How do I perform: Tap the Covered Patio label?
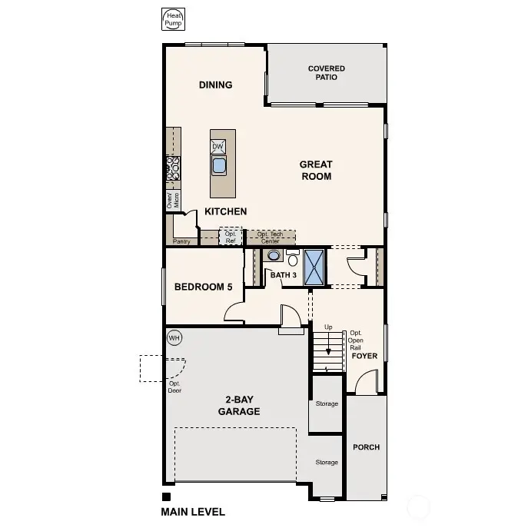point(327,73)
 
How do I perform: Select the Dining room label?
point(215,85)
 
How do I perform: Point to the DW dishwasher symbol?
point(218,146)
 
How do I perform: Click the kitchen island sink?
point(219,164)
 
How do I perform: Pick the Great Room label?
point(316,170)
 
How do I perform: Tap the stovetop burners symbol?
point(173,168)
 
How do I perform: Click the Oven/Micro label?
point(173,201)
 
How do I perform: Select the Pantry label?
point(181,241)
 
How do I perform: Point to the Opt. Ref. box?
point(231,237)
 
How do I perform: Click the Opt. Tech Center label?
point(271,237)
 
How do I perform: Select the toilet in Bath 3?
point(292,258)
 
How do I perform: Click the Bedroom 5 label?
point(203,287)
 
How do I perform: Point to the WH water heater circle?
point(174,337)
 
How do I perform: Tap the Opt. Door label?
point(174,387)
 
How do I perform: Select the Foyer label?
point(364,356)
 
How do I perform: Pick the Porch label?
point(366,447)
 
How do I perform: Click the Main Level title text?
point(193,511)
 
